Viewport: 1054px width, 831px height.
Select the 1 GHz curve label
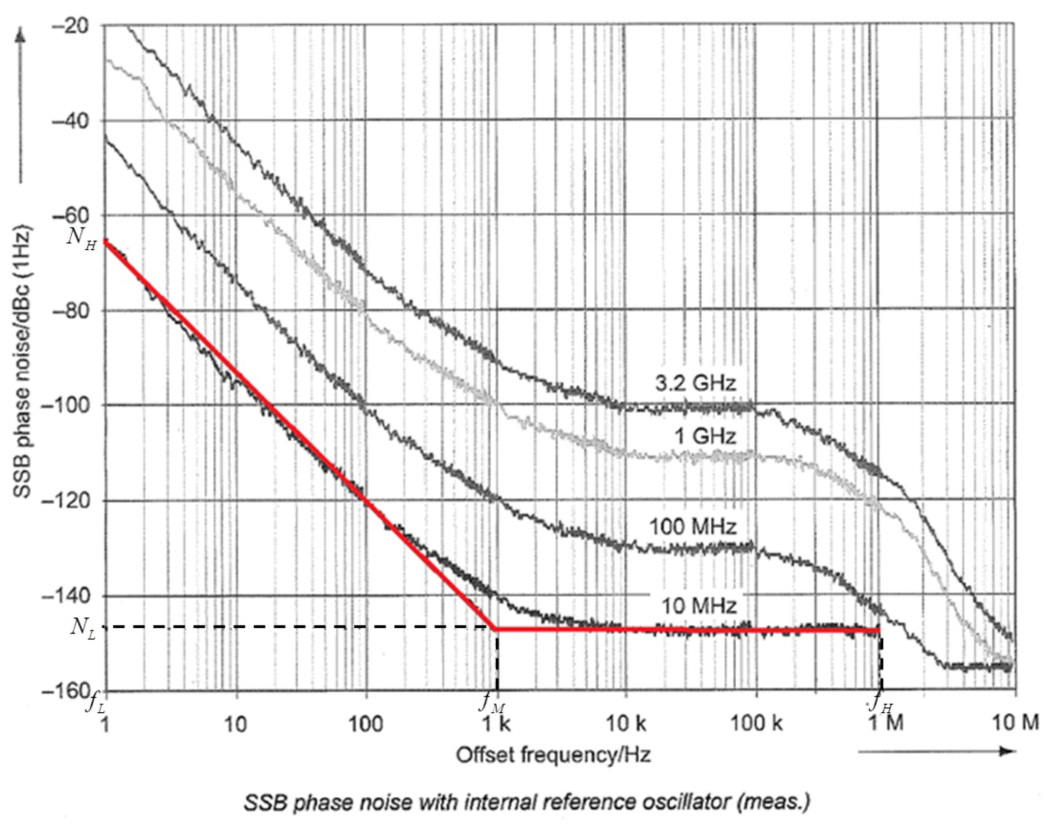coord(704,436)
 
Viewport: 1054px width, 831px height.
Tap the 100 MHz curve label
coord(693,527)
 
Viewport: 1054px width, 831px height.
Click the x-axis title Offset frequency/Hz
coord(553,755)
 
